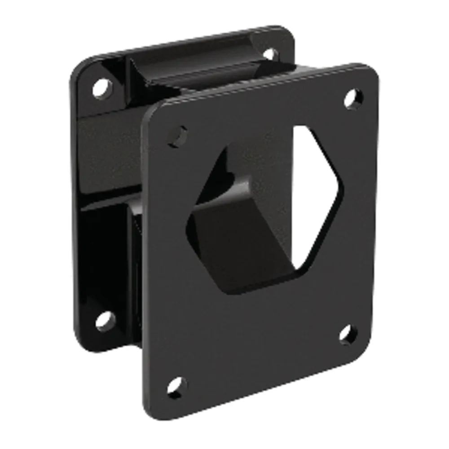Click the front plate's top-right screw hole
pyautogui.click(x=354, y=98)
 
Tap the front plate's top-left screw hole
pyautogui.click(x=179, y=135)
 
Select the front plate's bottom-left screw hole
pyautogui.click(x=176, y=386)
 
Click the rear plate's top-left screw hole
pyautogui.click(x=101, y=87)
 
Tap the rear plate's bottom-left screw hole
pyautogui.click(x=104, y=320)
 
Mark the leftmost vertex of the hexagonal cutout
pyautogui.click(x=188, y=220)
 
